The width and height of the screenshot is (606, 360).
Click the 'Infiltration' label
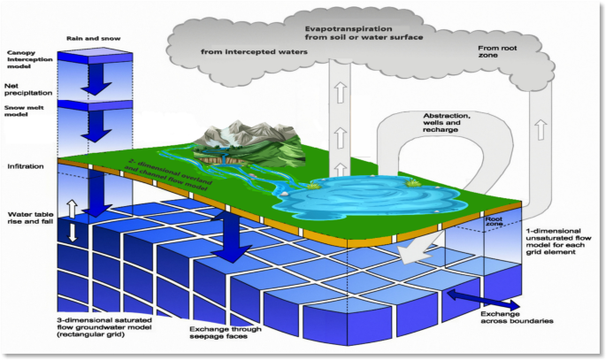(24, 166)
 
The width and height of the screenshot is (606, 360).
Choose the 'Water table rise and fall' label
(26, 219)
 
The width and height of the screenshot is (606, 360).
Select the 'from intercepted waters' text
(253, 52)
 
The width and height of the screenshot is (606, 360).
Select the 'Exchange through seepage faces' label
(226, 333)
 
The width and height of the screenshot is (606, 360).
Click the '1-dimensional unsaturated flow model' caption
(553, 241)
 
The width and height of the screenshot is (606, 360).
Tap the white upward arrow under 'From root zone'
(539, 131)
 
